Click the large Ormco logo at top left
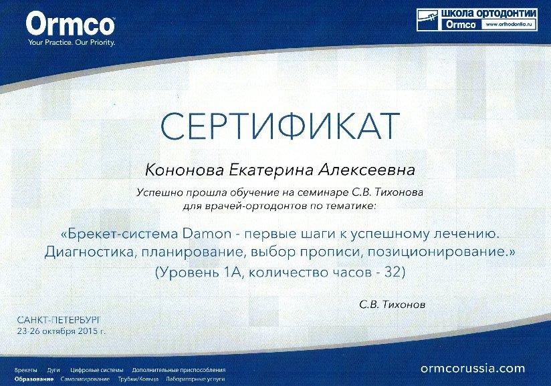(70, 23)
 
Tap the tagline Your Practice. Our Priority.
(72, 43)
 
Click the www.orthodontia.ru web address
(509, 25)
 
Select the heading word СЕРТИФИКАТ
(280, 126)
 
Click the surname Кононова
(184, 170)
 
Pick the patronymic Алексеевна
(367, 170)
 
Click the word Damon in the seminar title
(207, 234)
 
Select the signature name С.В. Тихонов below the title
(392, 305)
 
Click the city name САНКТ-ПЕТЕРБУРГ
(59, 320)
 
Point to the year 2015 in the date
(88, 331)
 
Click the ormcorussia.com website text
(473, 369)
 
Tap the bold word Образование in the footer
(34, 379)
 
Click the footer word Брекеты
(26, 370)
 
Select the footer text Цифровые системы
(97, 370)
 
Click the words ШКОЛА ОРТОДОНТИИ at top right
(489, 13)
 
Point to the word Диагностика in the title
(89, 252)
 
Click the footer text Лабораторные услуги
(195, 379)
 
